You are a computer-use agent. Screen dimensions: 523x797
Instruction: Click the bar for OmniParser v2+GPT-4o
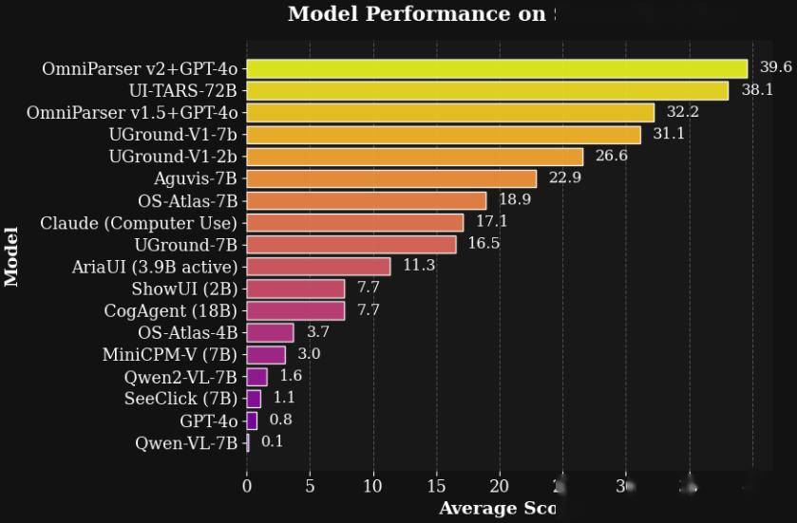pyautogui.click(x=497, y=68)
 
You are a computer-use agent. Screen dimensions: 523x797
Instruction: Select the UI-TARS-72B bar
pyautogui.click(x=487, y=90)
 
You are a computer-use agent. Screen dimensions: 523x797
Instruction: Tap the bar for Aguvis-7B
pyautogui.click(x=391, y=178)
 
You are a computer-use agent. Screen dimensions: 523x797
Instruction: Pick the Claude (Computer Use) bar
pyautogui.click(x=355, y=222)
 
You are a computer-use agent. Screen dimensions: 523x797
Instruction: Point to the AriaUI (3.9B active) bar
pyautogui.click(x=318, y=266)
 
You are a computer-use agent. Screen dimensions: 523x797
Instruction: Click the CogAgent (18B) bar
pyautogui.click(x=295, y=310)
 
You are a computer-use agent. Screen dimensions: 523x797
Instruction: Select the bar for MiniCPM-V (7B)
pyautogui.click(x=266, y=355)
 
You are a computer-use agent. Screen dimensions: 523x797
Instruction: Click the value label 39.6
pyautogui.click(x=775, y=67)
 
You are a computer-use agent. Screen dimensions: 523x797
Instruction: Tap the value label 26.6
pyautogui.click(x=611, y=156)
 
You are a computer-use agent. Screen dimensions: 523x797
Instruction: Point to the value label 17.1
pyautogui.click(x=491, y=221)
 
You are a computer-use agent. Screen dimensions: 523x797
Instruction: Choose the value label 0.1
pyautogui.click(x=273, y=441)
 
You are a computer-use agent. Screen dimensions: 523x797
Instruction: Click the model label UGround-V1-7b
pyautogui.click(x=173, y=135)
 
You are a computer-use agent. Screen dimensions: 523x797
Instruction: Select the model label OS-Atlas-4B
pyautogui.click(x=187, y=332)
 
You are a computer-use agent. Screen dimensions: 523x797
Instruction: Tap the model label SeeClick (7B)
pyautogui.click(x=180, y=399)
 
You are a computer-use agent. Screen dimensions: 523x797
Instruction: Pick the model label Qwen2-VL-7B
pyautogui.click(x=180, y=377)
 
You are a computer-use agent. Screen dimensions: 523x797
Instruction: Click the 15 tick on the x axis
pyautogui.click(x=436, y=486)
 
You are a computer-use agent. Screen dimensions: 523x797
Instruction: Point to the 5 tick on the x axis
pyautogui.click(x=310, y=486)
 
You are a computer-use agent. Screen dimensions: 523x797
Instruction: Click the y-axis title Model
pyautogui.click(x=12, y=256)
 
